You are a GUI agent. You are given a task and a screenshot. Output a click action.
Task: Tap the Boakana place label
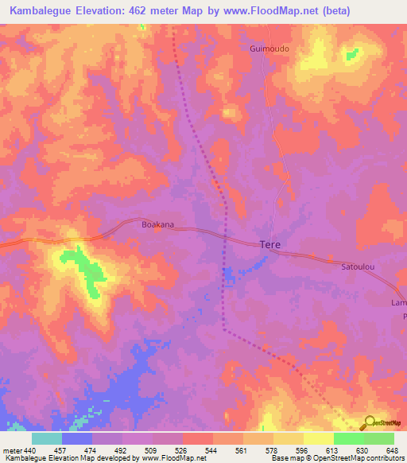pyautogui.click(x=157, y=225)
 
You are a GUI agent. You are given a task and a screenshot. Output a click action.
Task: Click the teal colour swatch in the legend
pyautogui.click(x=47, y=438)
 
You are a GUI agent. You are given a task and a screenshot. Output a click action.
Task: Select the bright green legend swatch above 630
pyautogui.click(x=349, y=438)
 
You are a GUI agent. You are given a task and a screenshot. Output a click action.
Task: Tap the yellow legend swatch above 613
pyautogui.click(x=319, y=438)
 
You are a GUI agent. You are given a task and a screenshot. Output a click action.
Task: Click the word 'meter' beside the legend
pyautogui.click(x=10, y=449)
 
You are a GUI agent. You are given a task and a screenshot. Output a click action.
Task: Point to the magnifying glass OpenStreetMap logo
pyautogui.click(x=368, y=423)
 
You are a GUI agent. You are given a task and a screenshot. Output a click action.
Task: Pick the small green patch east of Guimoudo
pyautogui.click(x=351, y=53)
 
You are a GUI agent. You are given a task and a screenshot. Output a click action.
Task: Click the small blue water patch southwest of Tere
pyautogui.click(x=230, y=275)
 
